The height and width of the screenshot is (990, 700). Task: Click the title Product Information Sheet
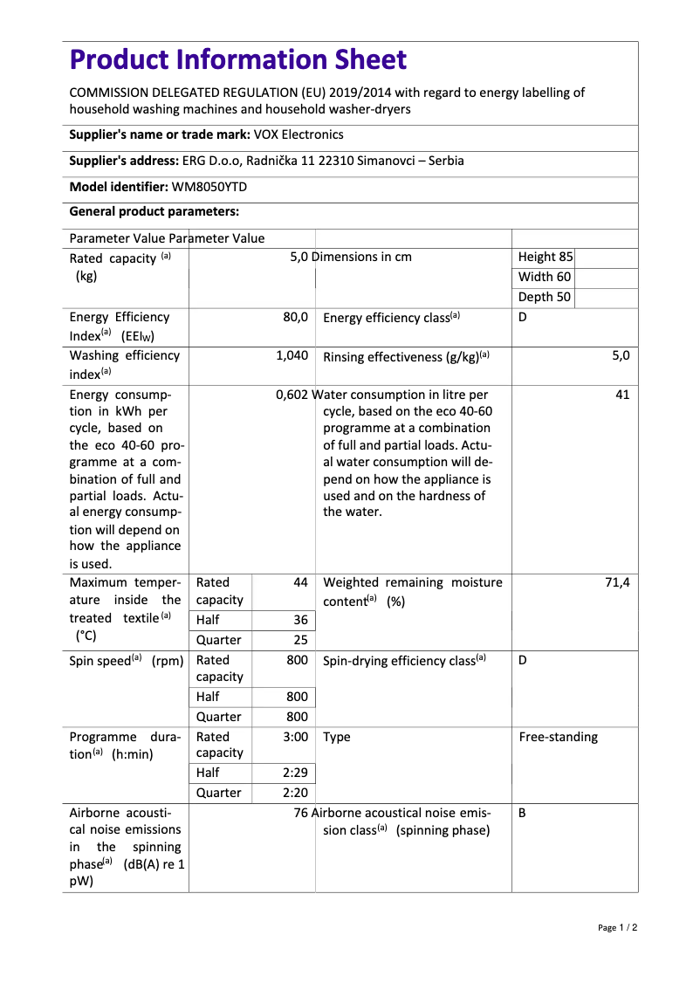tap(237, 60)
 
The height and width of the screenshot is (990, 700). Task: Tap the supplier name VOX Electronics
tap(299, 134)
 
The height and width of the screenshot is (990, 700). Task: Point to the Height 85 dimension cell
tap(546, 257)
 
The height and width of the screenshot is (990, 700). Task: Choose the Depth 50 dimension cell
tap(544, 297)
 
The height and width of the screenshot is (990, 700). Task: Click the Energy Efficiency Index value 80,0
tap(295, 317)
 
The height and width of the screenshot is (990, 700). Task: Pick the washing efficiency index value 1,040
tap(292, 355)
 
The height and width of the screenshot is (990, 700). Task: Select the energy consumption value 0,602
tap(292, 395)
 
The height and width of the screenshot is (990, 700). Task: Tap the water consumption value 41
tap(621, 395)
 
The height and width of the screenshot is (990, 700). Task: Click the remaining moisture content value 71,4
tap(617, 582)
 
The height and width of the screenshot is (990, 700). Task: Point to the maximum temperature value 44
tap(300, 582)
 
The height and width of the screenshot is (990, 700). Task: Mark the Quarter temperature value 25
tap(300, 639)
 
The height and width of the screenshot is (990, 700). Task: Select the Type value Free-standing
tap(558, 737)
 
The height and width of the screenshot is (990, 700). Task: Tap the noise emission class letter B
tap(522, 813)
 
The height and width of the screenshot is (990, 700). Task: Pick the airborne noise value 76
tap(301, 813)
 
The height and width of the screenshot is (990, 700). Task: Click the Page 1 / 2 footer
tap(617, 927)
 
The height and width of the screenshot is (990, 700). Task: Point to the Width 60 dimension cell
tap(544, 277)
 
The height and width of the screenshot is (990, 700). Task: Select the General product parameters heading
tap(154, 211)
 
